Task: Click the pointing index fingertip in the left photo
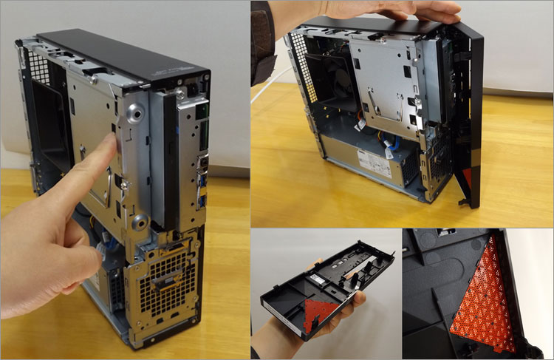click(111, 146)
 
